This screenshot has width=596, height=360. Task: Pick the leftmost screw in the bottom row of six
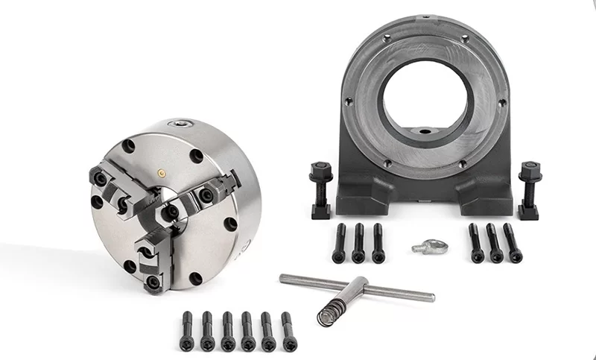tap(188, 331)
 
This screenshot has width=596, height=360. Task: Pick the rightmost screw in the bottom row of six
tap(288, 331)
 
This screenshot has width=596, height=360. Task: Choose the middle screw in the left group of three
tap(358, 243)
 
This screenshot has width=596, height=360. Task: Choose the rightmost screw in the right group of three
tap(513, 243)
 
